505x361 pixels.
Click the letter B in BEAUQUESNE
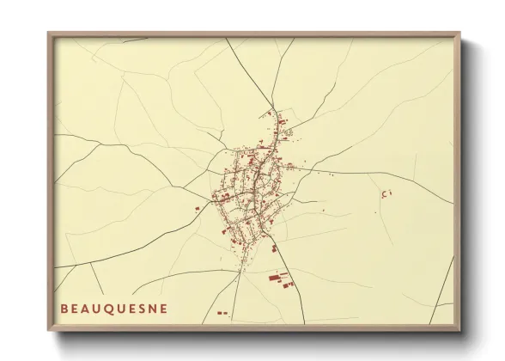coord(64,307)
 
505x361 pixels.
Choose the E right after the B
coord(75,307)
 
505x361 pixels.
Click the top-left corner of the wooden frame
coord(49,34)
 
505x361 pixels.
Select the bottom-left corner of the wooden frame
coord(49,331)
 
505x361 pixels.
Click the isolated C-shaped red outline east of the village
coord(386,193)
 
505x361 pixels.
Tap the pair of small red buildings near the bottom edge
coord(222,313)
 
